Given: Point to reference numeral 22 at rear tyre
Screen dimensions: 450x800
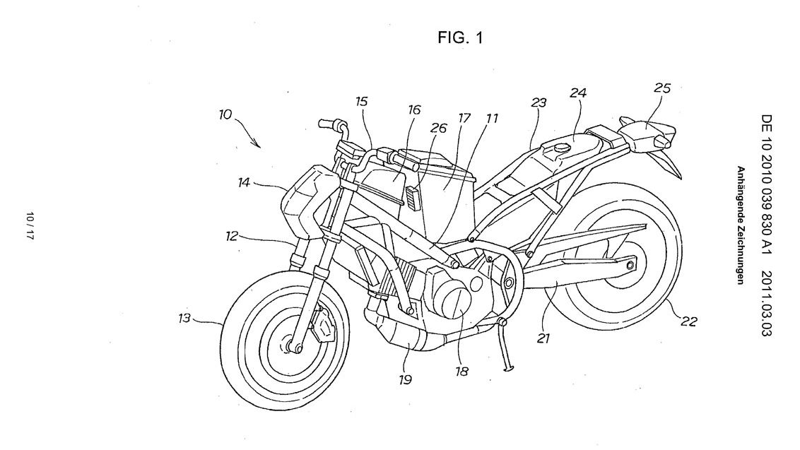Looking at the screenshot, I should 689,321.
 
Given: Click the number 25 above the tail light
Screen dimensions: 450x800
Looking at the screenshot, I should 662,89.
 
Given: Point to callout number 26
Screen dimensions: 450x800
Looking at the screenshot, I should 439,129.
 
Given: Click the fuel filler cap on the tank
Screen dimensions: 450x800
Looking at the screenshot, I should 561,148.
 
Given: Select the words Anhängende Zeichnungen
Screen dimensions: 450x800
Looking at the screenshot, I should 741,225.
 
